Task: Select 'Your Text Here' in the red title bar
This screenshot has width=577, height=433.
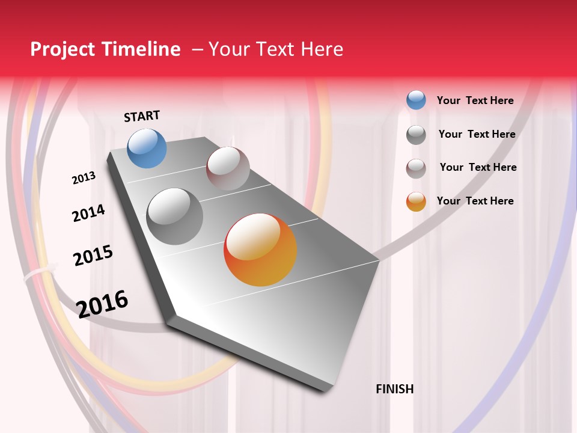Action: click(275, 49)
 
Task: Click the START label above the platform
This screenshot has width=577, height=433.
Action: click(142, 116)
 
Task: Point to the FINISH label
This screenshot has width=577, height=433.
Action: click(394, 389)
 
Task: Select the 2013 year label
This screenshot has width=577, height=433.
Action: click(84, 178)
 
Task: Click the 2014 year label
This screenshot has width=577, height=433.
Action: click(88, 213)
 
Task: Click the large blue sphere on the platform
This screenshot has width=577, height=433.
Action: click(147, 148)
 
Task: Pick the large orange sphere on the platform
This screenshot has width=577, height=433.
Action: click(260, 250)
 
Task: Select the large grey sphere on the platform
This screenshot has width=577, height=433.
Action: click(175, 216)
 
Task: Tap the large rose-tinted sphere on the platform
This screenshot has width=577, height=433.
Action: click(228, 168)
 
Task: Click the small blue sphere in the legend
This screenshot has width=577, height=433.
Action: click(416, 100)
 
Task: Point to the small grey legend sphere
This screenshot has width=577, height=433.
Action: click(416, 135)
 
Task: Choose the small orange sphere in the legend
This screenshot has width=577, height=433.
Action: click(416, 201)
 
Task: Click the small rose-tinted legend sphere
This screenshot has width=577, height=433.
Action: click(416, 168)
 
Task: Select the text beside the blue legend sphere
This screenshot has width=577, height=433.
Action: click(475, 100)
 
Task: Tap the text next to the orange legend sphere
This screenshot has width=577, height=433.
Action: click(475, 201)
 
